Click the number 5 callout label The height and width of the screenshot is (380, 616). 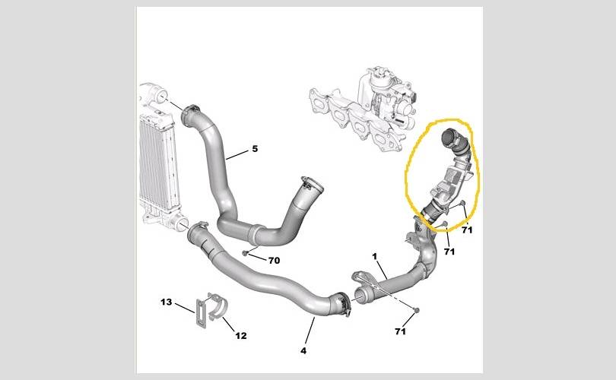coord(255,149)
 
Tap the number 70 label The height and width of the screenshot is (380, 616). coord(274,260)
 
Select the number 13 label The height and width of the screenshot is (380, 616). coord(167,302)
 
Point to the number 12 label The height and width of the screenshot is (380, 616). coord(241,336)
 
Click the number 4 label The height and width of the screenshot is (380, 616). coord(303,351)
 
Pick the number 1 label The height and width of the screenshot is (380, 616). coord(375,256)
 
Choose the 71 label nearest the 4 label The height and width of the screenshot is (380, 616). coord(400,331)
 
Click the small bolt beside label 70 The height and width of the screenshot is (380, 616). coord(245,253)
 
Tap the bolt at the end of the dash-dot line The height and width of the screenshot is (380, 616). coord(417,310)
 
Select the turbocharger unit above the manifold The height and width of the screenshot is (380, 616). coord(389,97)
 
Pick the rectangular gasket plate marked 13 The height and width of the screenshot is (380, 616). coord(202,313)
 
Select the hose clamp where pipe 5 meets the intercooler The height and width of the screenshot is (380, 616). coord(190,115)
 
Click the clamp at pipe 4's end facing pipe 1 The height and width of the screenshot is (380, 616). coord(341,302)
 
